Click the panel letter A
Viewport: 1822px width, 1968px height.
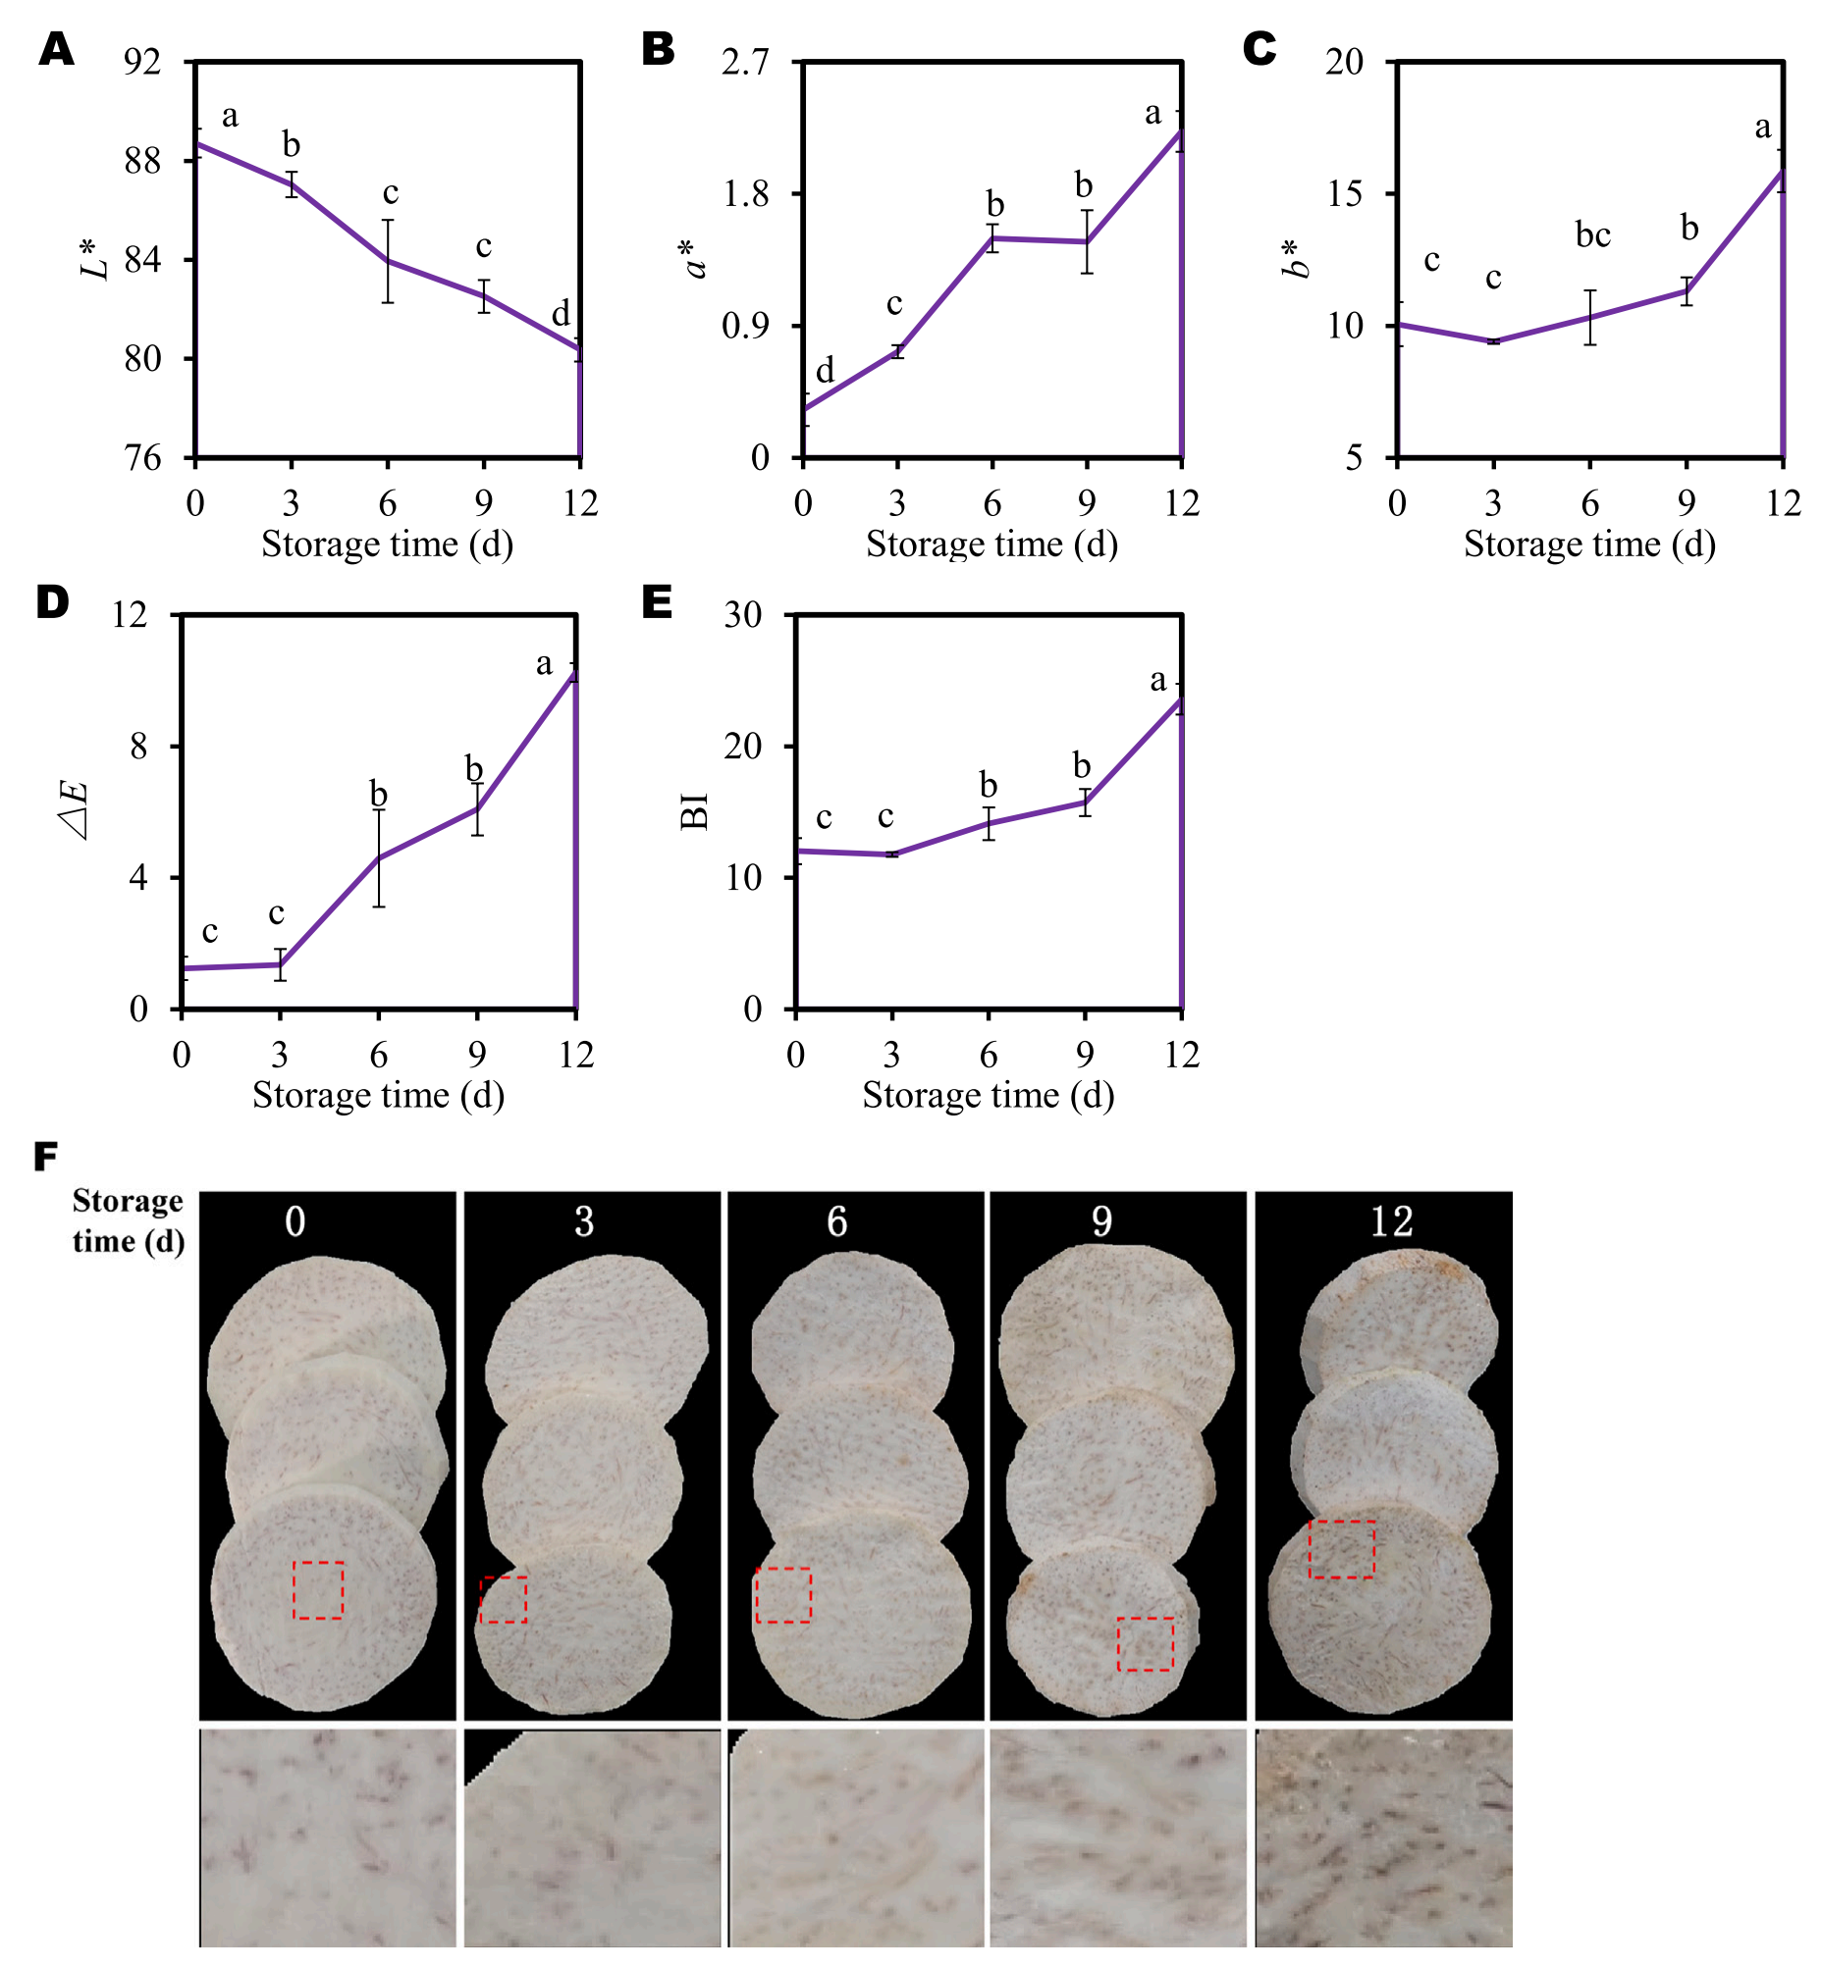point(56,48)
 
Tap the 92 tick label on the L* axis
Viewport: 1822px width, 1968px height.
point(142,62)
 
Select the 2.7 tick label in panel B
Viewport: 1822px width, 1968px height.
point(744,62)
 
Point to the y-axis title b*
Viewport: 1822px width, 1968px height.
point(1299,258)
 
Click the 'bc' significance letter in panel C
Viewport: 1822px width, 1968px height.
point(1592,235)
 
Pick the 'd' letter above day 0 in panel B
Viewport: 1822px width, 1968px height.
point(826,371)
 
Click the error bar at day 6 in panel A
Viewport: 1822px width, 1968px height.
point(389,261)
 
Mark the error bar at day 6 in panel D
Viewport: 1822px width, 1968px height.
point(379,857)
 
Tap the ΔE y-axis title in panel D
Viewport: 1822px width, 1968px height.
point(77,810)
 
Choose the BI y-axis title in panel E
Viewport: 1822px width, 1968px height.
point(695,810)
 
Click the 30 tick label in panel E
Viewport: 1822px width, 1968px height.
point(743,615)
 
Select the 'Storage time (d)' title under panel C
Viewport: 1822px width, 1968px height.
point(1589,544)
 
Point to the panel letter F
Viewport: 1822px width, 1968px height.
point(46,1156)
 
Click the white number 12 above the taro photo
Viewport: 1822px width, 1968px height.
point(1391,1222)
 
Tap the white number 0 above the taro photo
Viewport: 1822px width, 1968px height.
point(295,1222)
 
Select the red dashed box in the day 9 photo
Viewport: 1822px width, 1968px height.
point(1145,1644)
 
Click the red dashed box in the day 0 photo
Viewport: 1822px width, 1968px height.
point(318,1589)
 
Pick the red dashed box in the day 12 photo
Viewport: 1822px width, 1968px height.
point(1341,1549)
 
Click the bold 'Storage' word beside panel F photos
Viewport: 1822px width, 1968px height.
point(128,1201)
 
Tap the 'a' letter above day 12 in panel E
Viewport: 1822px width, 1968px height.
point(1158,680)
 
